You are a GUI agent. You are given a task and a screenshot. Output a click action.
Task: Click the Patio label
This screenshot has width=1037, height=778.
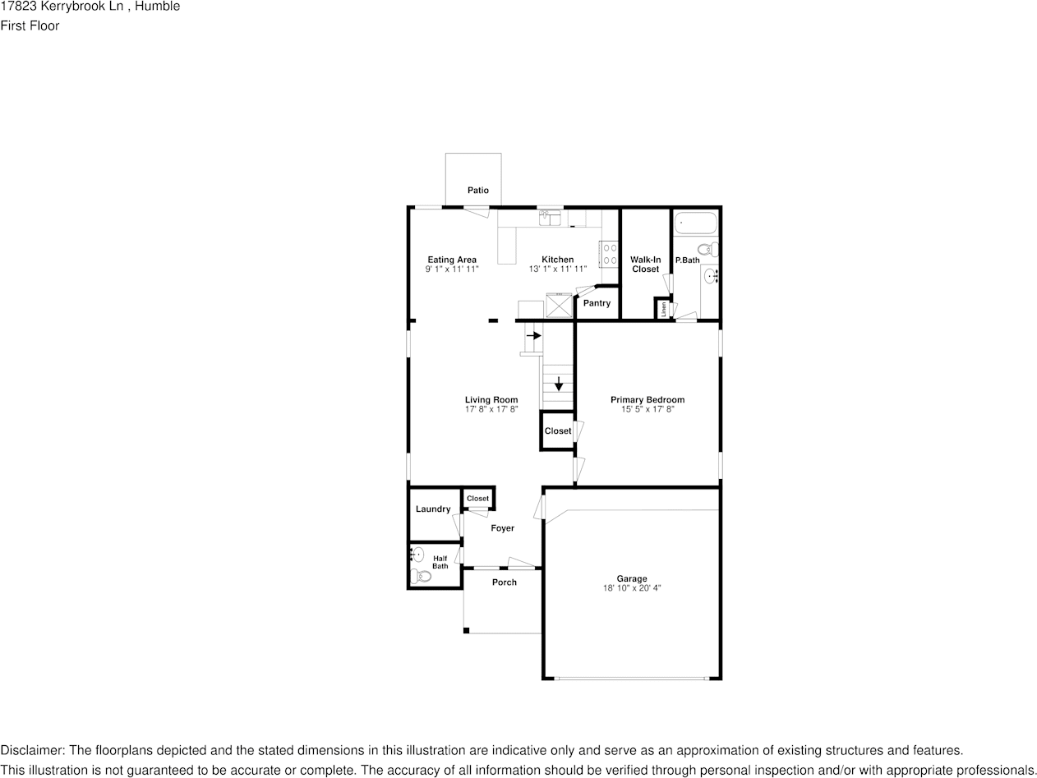pyautogui.click(x=477, y=191)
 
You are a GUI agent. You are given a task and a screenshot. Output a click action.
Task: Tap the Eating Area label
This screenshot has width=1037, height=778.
pyautogui.click(x=451, y=260)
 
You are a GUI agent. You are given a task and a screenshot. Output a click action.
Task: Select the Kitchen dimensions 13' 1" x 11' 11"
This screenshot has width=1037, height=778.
pyautogui.click(x=557, y=269)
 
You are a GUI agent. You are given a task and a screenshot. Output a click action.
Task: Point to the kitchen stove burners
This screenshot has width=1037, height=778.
pyautogui.click(x=609, y=253)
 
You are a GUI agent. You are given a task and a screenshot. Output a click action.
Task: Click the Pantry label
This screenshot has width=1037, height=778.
pyautogui.click(x=597, y=303)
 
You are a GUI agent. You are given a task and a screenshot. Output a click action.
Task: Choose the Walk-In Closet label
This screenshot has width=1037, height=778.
pyautogui.click(x=645, y=265)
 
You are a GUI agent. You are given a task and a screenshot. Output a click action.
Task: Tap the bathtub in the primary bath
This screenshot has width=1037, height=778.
pyautogui.click(x=695, y=223)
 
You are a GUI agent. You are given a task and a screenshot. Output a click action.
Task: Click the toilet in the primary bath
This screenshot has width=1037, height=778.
pyautogui.click(x=707, y=250)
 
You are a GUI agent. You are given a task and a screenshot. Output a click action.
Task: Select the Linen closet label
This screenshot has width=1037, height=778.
pyautogui.click(x=663, y=309)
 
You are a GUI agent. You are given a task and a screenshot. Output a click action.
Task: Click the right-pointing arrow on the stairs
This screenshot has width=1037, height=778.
pyautogui.click(x=533, y=335)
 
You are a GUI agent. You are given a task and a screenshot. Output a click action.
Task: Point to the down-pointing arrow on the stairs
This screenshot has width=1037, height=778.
pyautogui.click(x=559, y=383)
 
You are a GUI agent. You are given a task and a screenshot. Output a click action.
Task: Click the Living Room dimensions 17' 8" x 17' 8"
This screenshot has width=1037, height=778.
pyautogui.click(x=491, y=408)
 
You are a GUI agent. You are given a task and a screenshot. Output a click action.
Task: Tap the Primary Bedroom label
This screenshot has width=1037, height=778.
pyautogui.click(x=647, y=400)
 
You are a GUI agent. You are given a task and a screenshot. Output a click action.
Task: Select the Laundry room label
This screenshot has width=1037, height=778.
pyautogui.click(x=432, y=509)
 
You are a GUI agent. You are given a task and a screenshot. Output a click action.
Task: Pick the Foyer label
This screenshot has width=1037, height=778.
pyautogui.click(x=502, y=528)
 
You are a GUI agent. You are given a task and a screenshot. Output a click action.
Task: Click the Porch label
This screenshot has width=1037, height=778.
pyautogui.click(x=504, y=582)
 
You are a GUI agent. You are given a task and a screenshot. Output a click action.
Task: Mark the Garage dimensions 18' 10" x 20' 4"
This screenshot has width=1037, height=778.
pyautogui.click(x=632, y=588)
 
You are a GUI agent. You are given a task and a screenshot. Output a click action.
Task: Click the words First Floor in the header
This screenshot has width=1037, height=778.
pyautogui.click(x=30, y=25)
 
